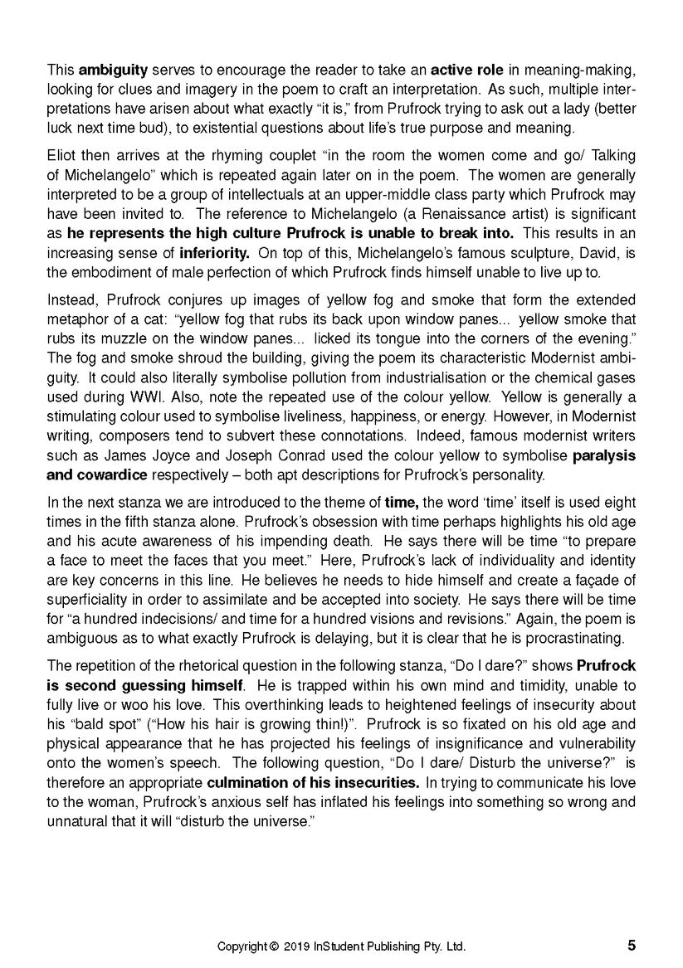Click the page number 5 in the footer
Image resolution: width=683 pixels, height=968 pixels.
coord(632,945)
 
